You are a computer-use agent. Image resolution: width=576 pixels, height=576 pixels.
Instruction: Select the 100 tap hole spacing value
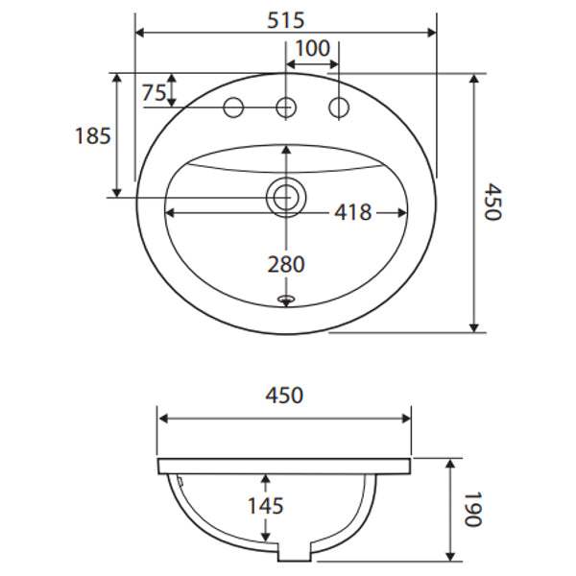312,48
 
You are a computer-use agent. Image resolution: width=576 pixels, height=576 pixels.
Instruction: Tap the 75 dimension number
154,93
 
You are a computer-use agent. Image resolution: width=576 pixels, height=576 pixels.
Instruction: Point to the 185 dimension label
92,135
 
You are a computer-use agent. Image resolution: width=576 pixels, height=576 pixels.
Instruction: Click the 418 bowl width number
352,212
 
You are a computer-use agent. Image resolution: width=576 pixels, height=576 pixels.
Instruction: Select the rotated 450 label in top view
492,203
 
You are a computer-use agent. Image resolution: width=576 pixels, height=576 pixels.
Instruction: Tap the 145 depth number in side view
266,505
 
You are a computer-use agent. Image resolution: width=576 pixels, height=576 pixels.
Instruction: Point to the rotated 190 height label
470,509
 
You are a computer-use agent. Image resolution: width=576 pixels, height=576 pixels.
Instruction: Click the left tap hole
233,107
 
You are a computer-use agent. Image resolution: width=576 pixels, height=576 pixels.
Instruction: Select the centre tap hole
285,107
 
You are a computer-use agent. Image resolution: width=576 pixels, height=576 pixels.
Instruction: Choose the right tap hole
338,107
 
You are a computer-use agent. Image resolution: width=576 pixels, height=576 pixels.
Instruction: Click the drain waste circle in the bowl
284,197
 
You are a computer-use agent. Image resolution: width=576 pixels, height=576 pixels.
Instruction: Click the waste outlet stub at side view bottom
293,553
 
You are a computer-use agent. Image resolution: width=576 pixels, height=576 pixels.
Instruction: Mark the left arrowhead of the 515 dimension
139,32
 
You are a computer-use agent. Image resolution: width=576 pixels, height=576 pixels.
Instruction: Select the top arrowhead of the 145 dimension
266,477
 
